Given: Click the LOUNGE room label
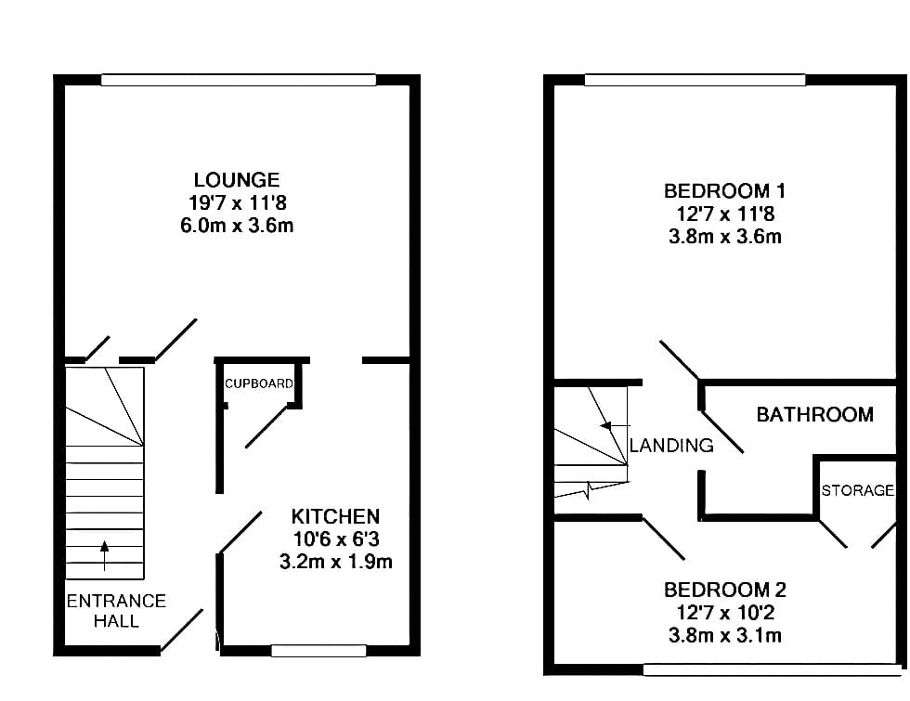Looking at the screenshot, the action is (237, 180).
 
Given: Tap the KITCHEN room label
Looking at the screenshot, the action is (335, 516).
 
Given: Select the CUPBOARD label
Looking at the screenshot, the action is (259, 383).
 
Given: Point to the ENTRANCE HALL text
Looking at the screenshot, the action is (116, 611).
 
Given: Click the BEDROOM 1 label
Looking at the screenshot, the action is (725, 191).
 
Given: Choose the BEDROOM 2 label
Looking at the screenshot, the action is (725, 591).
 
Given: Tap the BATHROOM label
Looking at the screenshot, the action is (815, 414).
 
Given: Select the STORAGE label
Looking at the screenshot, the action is (858, 490).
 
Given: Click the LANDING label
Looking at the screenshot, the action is (671, 445).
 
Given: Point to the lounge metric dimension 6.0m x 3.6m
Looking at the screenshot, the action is (237, 225).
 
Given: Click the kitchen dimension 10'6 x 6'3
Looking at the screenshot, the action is (336, 539).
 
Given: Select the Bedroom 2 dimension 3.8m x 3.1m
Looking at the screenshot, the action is (725, 635).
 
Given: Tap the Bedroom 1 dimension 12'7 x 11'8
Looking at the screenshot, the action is (725, 214).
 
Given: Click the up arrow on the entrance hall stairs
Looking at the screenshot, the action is (104, 556).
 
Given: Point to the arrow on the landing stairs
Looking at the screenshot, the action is (615, 426).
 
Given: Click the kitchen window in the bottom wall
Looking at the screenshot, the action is (318, 651).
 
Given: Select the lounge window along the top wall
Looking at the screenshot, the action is (239, 80).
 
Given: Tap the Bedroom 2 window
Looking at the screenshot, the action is (772, 670).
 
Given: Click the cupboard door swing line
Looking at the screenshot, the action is (266, 426).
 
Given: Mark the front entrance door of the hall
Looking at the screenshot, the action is (182, 630).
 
